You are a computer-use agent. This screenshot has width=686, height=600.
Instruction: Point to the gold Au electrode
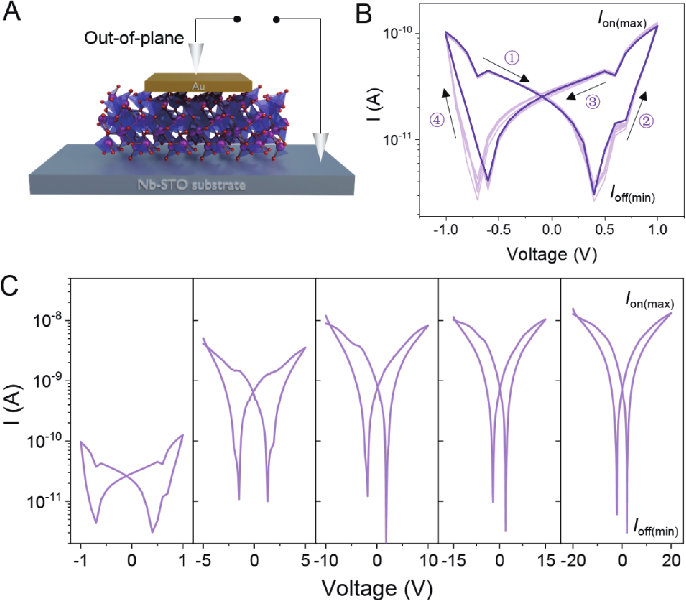click(198, 82)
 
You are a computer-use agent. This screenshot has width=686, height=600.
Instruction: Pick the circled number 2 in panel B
click(646, 121)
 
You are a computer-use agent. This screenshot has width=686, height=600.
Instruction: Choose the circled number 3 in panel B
click(593, 101)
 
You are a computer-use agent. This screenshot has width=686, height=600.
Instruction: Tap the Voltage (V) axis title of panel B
click(552, 254)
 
